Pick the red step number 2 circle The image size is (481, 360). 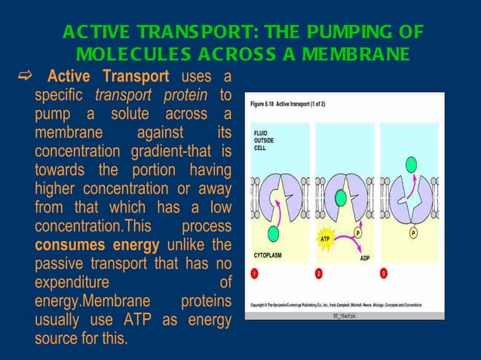tap(320, 273)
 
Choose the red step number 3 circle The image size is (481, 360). tap(385, 273)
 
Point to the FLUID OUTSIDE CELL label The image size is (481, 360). tap(265, 140)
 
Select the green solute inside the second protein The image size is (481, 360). tap(340, 197)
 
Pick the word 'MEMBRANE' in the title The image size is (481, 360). tap(356, 55)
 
